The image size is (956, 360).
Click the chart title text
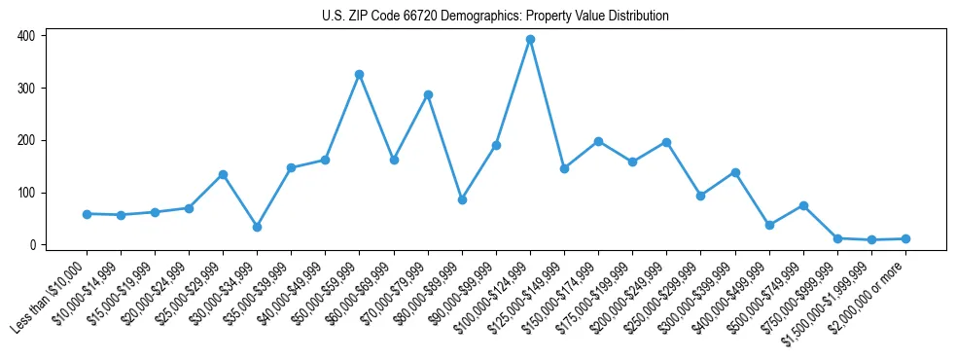coord(495,17)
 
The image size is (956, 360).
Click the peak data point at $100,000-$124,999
coord(530,39)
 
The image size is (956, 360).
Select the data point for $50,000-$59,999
coord(359,74)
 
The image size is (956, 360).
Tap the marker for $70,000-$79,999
coord(428,94)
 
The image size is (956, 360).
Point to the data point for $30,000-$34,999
coord(257,227)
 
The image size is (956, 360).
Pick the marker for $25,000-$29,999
coord(223,174)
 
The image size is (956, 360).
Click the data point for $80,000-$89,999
coord(462,199)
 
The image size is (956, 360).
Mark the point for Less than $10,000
coord(87,214)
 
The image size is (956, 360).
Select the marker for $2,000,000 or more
coord(905,238)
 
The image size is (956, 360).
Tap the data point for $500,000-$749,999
coord(803,205)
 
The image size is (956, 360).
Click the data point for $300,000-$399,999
coord(735,172)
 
